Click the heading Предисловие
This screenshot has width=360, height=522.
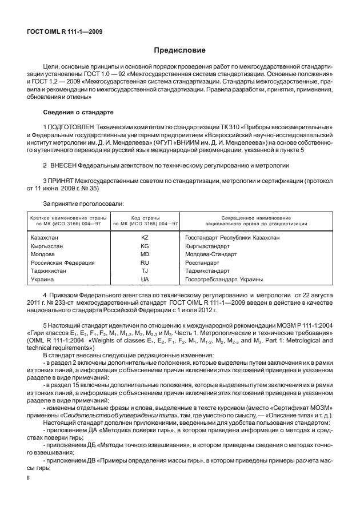[179, 51]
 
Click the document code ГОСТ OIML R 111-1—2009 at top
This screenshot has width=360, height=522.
[65, 31]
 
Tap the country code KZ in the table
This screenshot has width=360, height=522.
[145, 236]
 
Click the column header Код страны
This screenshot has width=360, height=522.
[145, 218]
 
